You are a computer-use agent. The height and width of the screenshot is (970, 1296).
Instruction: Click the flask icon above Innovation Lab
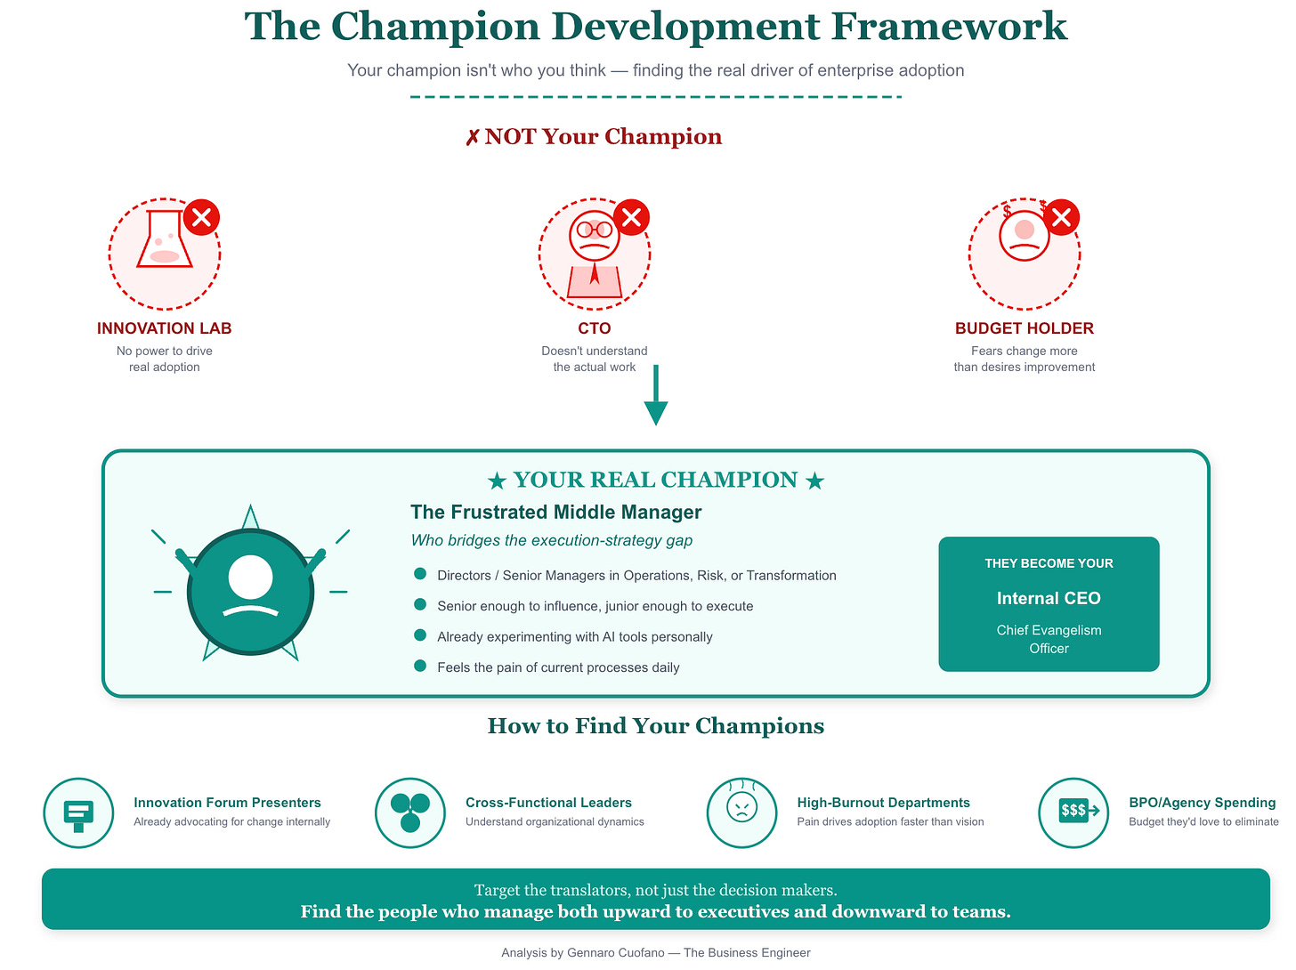[x=164, y=239]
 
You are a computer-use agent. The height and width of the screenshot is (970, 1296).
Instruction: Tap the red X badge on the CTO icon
[x=631, y=217]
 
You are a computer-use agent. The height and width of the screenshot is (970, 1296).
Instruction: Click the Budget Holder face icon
[x=1024, y=235]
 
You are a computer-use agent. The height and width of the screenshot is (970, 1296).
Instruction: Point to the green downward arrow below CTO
[x=656, y=395]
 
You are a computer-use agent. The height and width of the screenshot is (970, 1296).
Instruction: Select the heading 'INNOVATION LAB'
[x=164, y=328]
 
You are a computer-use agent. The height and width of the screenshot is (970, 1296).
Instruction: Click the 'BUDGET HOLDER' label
[x=1024, y=328]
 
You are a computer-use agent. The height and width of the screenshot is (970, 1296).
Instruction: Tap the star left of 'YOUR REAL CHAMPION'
[x=497, y=481]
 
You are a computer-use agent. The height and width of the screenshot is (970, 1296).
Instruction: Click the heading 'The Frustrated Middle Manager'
[x=555, y=512]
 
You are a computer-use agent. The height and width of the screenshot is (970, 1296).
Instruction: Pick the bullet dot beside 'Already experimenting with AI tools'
[x=420, y=635]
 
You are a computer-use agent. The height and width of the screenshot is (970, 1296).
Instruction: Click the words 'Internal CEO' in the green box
[x=1049, y=598]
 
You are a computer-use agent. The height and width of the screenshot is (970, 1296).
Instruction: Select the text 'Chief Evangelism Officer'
[x=1049, y=639]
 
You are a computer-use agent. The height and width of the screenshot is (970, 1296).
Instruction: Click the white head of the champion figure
[x=250, y=577]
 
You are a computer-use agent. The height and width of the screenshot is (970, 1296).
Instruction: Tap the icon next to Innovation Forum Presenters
[x=78, y=812]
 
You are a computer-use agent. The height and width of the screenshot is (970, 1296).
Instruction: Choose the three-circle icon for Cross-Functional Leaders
[x=409, y=812]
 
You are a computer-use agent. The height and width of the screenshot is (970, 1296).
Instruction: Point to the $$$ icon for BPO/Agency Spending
[x=1073, y=811]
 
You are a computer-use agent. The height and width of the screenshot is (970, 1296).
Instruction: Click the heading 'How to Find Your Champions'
[x=656, y=726]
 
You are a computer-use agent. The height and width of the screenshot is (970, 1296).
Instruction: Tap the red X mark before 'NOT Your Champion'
[x=473, y=138]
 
